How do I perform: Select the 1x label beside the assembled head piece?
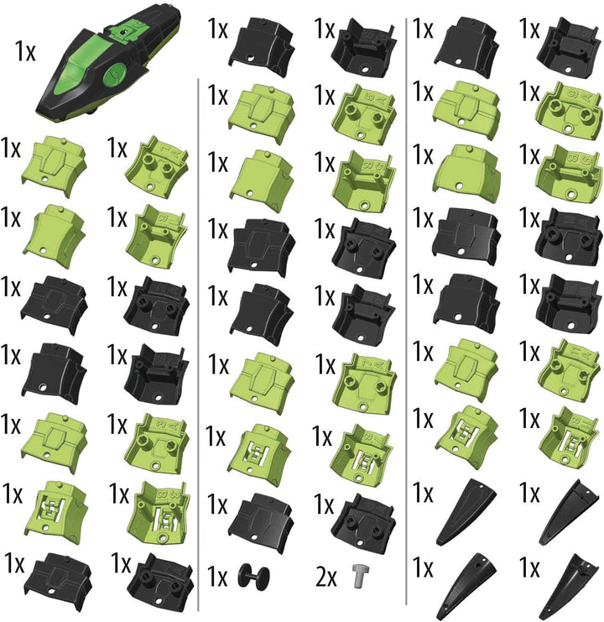point(25,51)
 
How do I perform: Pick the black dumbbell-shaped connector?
point(253,577)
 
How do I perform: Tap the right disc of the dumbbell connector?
point(263,578)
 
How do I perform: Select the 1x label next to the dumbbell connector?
point(217,577)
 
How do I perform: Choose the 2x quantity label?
point(325,578)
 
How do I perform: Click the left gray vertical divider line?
point(198,344)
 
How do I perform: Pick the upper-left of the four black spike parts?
point(466,512)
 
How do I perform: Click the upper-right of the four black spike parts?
point(570,512)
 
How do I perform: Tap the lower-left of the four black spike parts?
point(466,586)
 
